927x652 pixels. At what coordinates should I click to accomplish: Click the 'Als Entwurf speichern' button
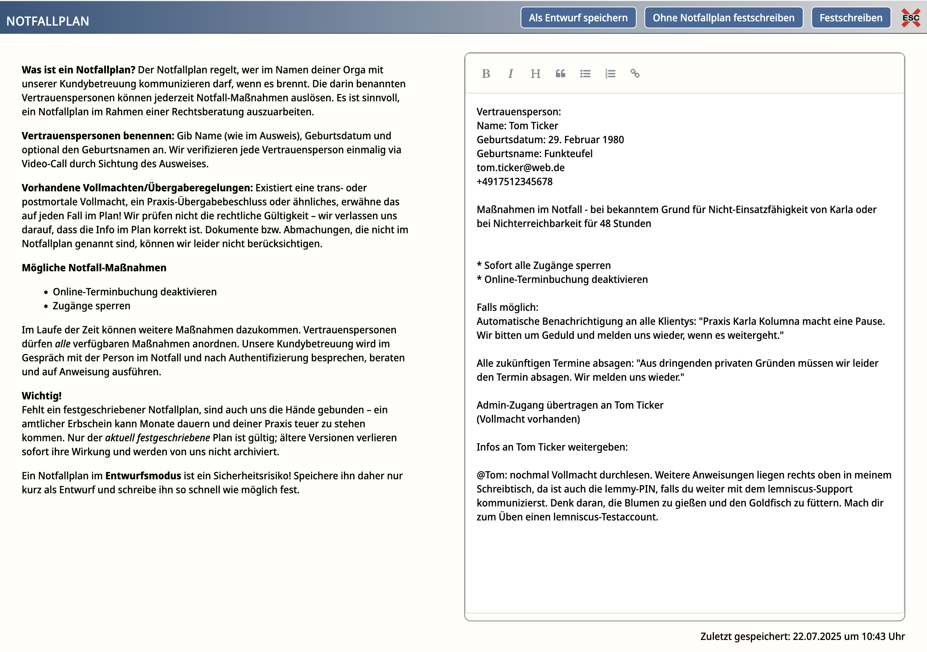[x=578, y=18]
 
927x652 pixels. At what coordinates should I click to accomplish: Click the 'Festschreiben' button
[x=851, y=18]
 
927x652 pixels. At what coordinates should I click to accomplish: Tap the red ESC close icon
[x=911, y=18]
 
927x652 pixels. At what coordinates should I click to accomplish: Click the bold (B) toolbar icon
[x=486, y=73]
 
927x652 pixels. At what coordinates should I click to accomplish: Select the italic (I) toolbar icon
[x=511, y=73]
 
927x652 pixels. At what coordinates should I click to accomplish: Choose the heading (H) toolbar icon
[x=535, y=73]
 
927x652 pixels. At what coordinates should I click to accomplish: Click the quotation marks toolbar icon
[x=561, y=73]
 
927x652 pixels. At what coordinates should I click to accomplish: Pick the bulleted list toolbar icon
[x=585, y=73]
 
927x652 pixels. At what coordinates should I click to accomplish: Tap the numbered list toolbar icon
[x=610, y=73]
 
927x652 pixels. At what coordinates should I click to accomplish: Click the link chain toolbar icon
[x=635, y=73]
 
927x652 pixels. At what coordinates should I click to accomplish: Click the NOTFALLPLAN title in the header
[x=48, y=21]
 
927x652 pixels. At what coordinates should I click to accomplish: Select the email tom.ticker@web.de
[x=521, y=168]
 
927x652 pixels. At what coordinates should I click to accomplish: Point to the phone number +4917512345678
[x=514, y=182]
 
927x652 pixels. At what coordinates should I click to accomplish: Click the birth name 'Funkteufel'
[x=568, y=154]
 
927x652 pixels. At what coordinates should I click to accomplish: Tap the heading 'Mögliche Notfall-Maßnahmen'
[x=94, y=268]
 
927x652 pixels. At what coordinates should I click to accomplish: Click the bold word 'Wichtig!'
[x=42, y=395]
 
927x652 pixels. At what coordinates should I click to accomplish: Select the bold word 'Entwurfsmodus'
[x=143, y=475]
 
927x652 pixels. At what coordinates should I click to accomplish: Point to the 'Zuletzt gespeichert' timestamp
[x=802, y=636]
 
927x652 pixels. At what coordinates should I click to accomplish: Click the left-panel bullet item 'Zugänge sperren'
[x=92, y=306]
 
